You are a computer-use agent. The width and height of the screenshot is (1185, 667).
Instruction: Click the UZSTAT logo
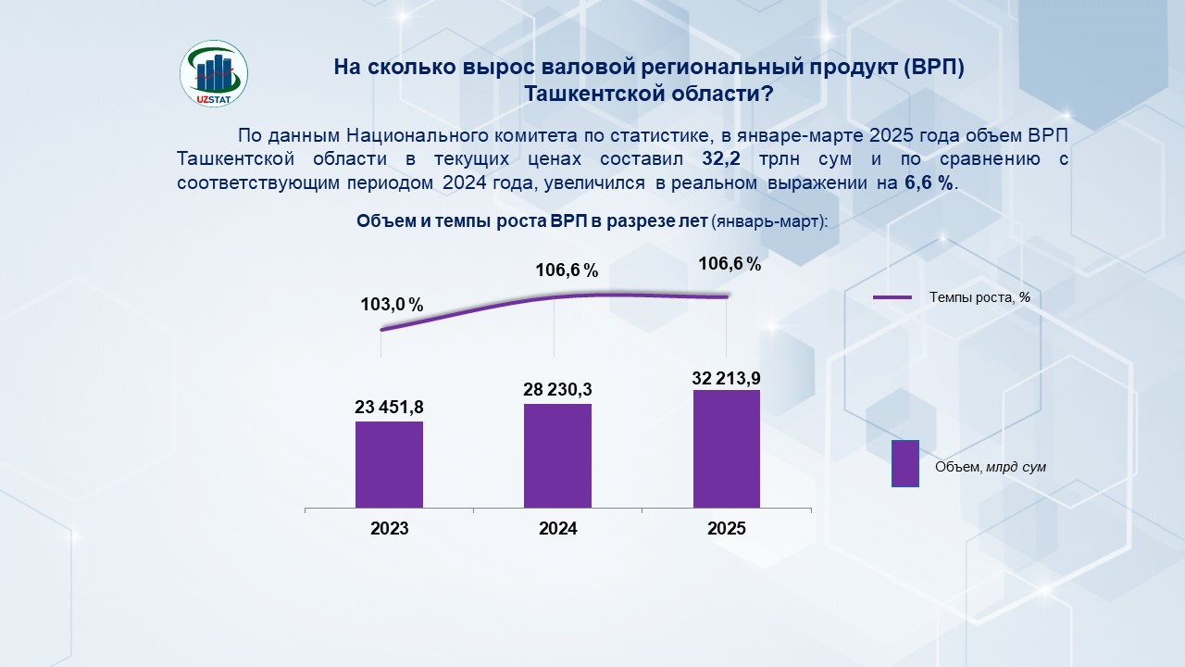[x=213, y=72]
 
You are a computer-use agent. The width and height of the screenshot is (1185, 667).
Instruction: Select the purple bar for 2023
[x=389, y=464]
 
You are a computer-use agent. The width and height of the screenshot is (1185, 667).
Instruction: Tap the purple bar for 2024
[x=557, y=456]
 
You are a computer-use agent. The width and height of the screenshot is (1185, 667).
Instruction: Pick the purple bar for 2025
[x=726, y=448]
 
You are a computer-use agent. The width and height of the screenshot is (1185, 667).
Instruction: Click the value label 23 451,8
[x=389, y=407]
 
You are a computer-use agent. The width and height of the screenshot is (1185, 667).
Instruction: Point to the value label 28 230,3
[x=557, y=389]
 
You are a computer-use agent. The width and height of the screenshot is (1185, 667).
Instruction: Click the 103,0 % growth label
[x=392, y=305]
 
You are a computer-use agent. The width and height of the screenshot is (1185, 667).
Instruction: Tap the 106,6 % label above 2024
[x=567, y=271]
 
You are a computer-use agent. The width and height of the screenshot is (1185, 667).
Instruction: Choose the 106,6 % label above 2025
[x=730, y=264]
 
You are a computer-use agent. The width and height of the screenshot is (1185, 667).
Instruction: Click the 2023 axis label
[x=389, y=529]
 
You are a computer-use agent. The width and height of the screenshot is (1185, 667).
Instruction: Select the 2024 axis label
[x=557, y=529]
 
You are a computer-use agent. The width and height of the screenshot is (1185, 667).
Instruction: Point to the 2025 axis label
[x=726, y=529]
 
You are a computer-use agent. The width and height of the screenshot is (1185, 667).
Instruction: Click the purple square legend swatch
[x=904, y=463]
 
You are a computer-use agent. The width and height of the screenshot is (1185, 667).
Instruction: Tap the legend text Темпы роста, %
[x=979, y=297]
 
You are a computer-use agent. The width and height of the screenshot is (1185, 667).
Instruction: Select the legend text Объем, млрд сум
[x=990, y=467]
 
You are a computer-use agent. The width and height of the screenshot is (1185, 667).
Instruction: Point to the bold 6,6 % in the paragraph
[x=928, y=182]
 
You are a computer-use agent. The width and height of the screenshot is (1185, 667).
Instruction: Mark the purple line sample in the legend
[x=893, y=297]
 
